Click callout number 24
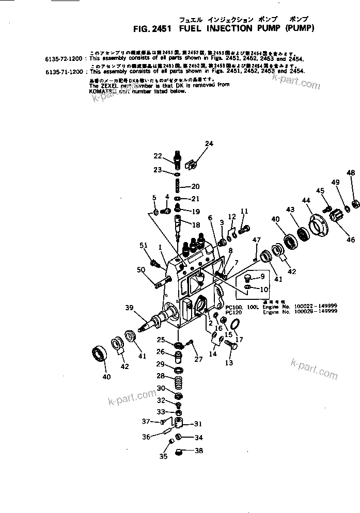coord(209,143)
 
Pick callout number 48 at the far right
coord(351,173)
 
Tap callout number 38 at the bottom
coord(199,451)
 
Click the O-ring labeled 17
coord(235,324)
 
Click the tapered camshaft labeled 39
coord(152,324)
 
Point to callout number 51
coord(144,245)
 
